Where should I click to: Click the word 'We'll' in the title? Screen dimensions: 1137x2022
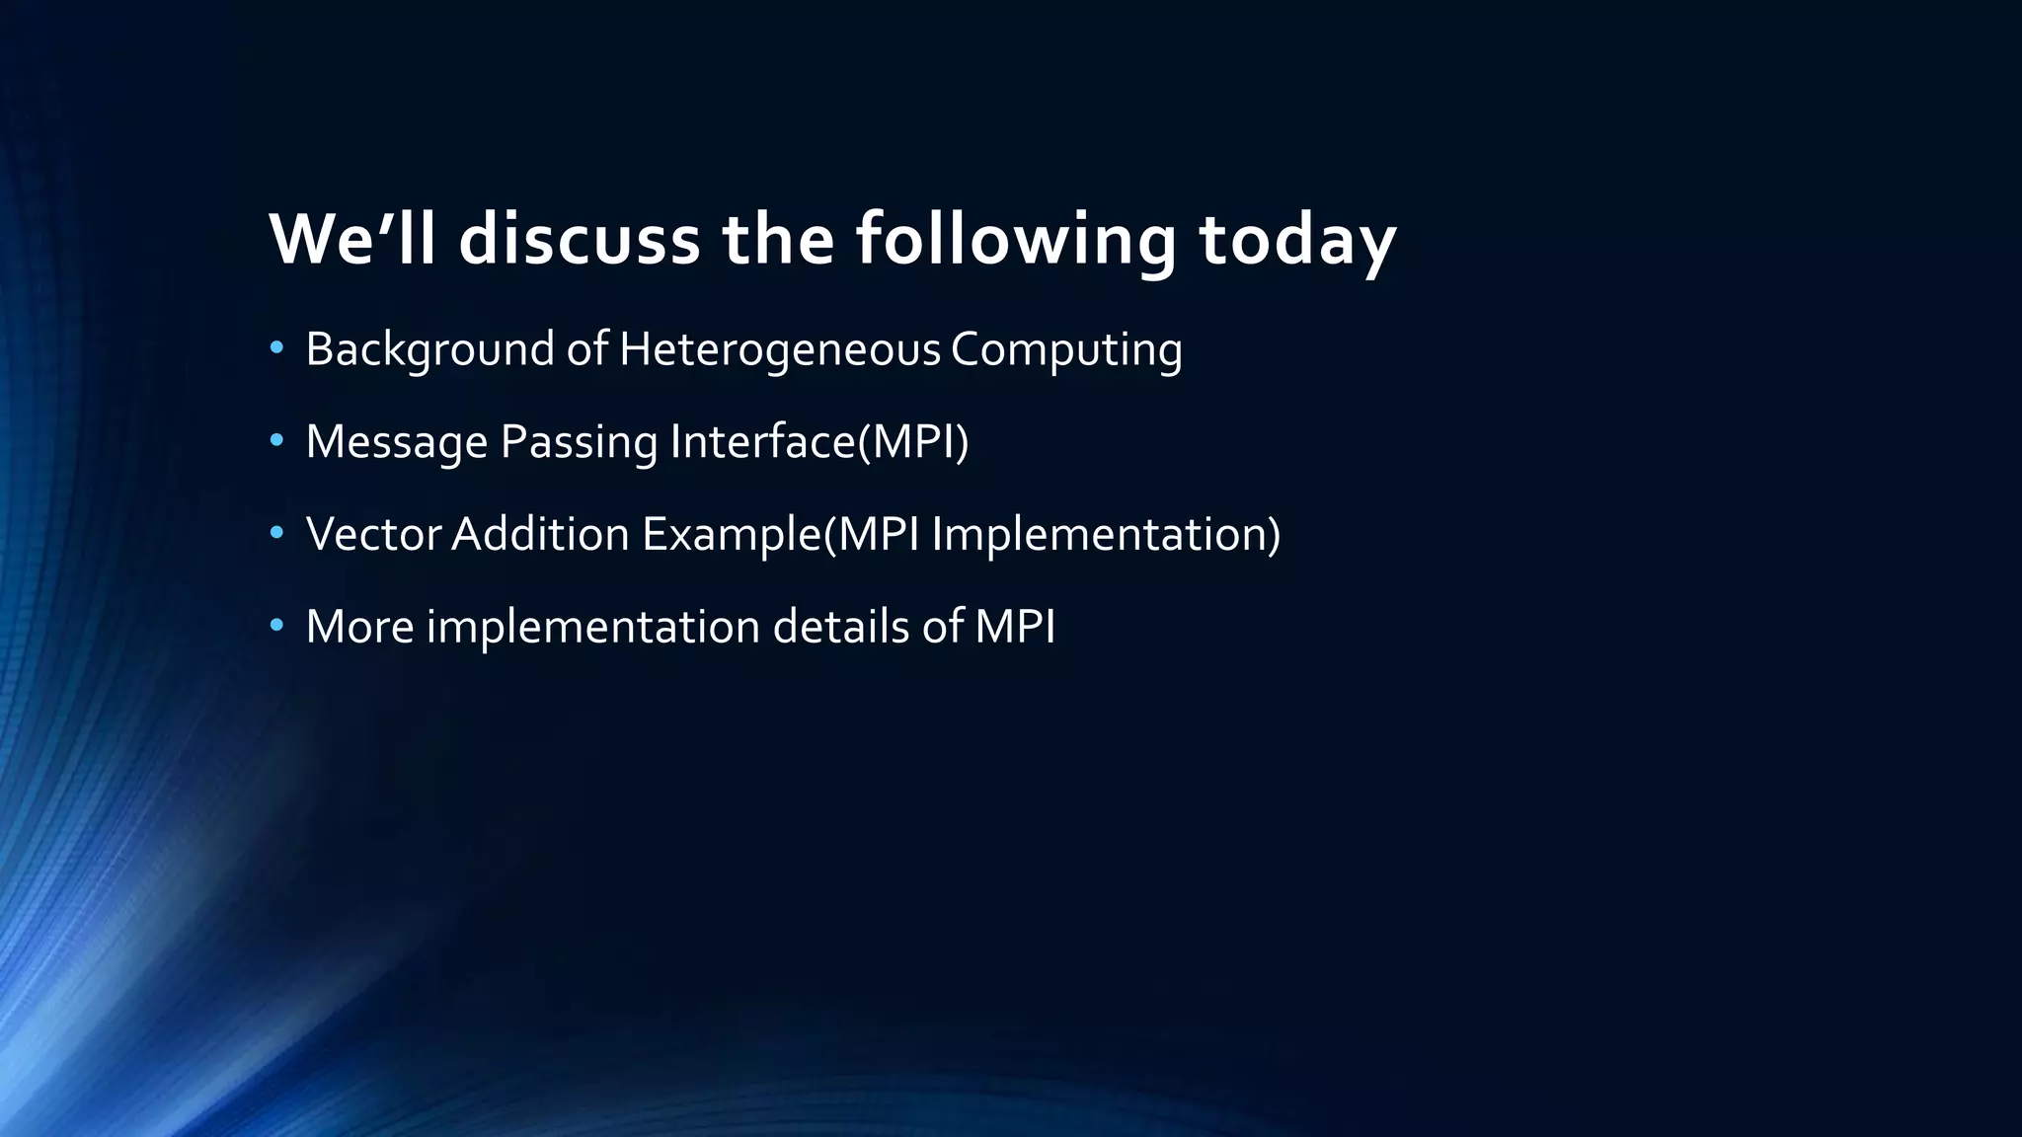click(351, 239)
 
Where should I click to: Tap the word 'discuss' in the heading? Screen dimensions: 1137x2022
click(579, 239)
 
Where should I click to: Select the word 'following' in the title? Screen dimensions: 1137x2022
click(1015, 239)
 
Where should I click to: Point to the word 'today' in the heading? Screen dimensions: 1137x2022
click(1297, 239)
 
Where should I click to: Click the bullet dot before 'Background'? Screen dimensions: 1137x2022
click(276, 347)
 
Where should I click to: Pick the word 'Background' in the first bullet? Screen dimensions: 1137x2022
click(429, 349)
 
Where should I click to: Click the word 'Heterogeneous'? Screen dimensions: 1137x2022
click(780, 349)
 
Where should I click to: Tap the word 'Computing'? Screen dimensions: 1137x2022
click(1066, 349)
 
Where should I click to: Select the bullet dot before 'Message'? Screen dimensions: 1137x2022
click(276, 440)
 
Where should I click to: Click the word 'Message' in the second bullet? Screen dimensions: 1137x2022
click(396, 441)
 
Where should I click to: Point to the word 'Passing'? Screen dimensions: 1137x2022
click(579, 441)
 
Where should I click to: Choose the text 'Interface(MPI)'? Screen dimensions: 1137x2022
click(818, 441)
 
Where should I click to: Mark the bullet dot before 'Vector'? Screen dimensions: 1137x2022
click(276, 533)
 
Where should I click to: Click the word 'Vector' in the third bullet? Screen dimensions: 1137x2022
click(373, 534)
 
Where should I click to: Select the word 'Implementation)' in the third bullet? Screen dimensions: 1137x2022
click(1106, 534)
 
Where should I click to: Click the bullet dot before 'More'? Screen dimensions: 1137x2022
click(276, 625)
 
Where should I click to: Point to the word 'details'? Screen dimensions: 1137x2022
click(840, 627)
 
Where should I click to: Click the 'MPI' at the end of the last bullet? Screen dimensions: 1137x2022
click(1015, 627)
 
